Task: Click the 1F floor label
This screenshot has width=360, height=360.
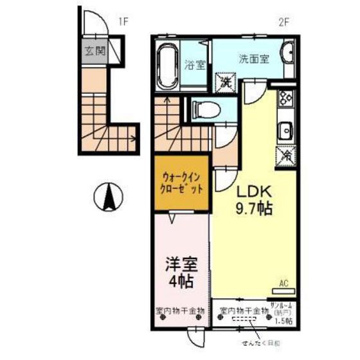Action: pos(123,21)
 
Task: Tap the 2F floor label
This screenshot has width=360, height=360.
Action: pos(282,21)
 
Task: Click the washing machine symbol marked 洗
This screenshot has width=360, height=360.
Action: pos(224,82)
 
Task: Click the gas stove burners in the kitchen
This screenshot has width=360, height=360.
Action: pos(286,101)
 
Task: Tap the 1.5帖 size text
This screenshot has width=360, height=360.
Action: pos(283,320)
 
